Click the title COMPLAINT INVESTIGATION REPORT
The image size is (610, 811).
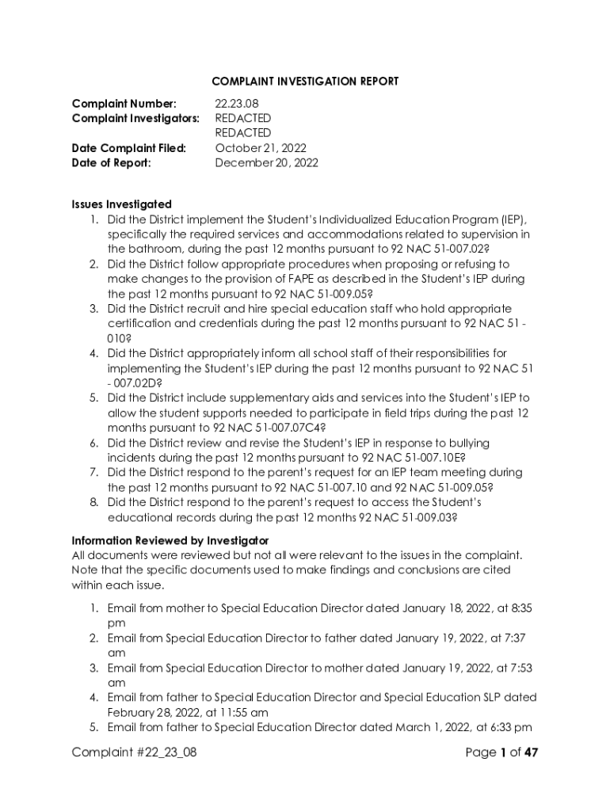tap(305, 82)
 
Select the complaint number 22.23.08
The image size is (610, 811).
tap(237, 104)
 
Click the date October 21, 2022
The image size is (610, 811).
tap(261, 148)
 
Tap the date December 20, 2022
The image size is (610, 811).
tap(267, 163)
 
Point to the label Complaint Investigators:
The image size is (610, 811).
tap(135, 119)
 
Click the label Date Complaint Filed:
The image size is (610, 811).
tap(129, 148)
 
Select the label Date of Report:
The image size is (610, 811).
tap(111, 163)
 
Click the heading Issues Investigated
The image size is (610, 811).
tap(121, 204)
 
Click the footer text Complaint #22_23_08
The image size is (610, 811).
tap(134, 752)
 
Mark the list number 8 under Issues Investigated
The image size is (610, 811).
tap(93, 503)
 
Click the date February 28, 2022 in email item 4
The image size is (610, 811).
tap(152, 712)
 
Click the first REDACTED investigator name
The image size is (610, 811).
tap(243, 119)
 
